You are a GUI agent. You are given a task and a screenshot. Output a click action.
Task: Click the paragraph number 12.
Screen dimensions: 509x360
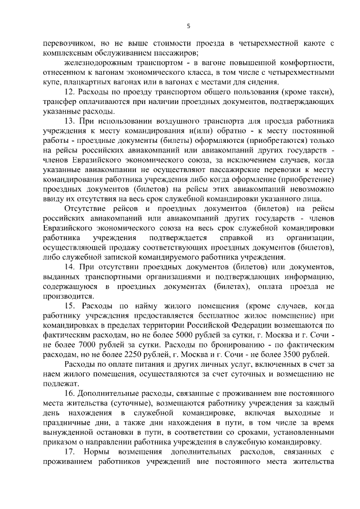[70, 92]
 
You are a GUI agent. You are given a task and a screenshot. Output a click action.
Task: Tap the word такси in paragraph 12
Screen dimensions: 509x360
[319, 92]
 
